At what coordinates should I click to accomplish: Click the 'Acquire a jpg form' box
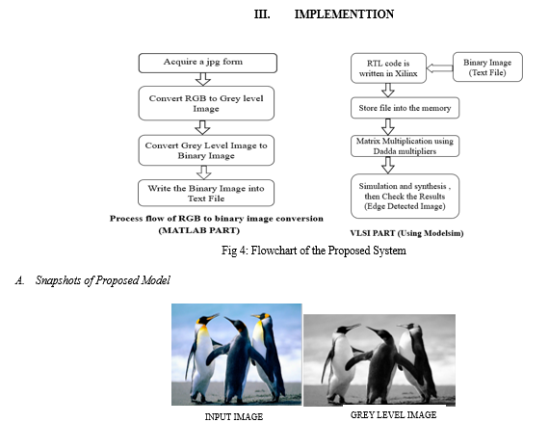pos(208,63)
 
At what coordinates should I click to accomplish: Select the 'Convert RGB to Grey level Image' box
pos(206,103)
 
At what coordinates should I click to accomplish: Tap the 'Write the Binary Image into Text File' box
pos(206,193)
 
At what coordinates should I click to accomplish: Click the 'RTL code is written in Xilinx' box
pos(388,68)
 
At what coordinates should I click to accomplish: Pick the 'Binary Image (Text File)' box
pos(487,67)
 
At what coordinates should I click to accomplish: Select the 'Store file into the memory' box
pos(405,108)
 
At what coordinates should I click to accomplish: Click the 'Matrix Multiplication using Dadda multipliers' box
pos(405,146)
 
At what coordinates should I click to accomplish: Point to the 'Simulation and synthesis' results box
pos(405,197)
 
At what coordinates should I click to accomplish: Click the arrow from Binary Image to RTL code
pos(440,68)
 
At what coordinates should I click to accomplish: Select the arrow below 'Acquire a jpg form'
pos(203,79)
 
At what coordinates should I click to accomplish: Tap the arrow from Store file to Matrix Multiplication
pos(387,127)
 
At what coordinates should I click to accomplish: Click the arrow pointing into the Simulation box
pos(387,166)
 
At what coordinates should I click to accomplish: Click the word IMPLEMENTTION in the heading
pos(344,14)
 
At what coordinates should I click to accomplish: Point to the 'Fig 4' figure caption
pos(314,251)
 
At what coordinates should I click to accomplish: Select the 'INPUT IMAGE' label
pos(234,416)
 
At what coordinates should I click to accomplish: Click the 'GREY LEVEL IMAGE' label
pos(394,415)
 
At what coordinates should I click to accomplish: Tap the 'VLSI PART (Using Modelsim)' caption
pos(406,233)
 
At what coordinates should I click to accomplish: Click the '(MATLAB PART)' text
pos(198,230)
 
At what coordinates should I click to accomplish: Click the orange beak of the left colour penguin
pos(212,317)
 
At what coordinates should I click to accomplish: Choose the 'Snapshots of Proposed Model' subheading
pos(103,280)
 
